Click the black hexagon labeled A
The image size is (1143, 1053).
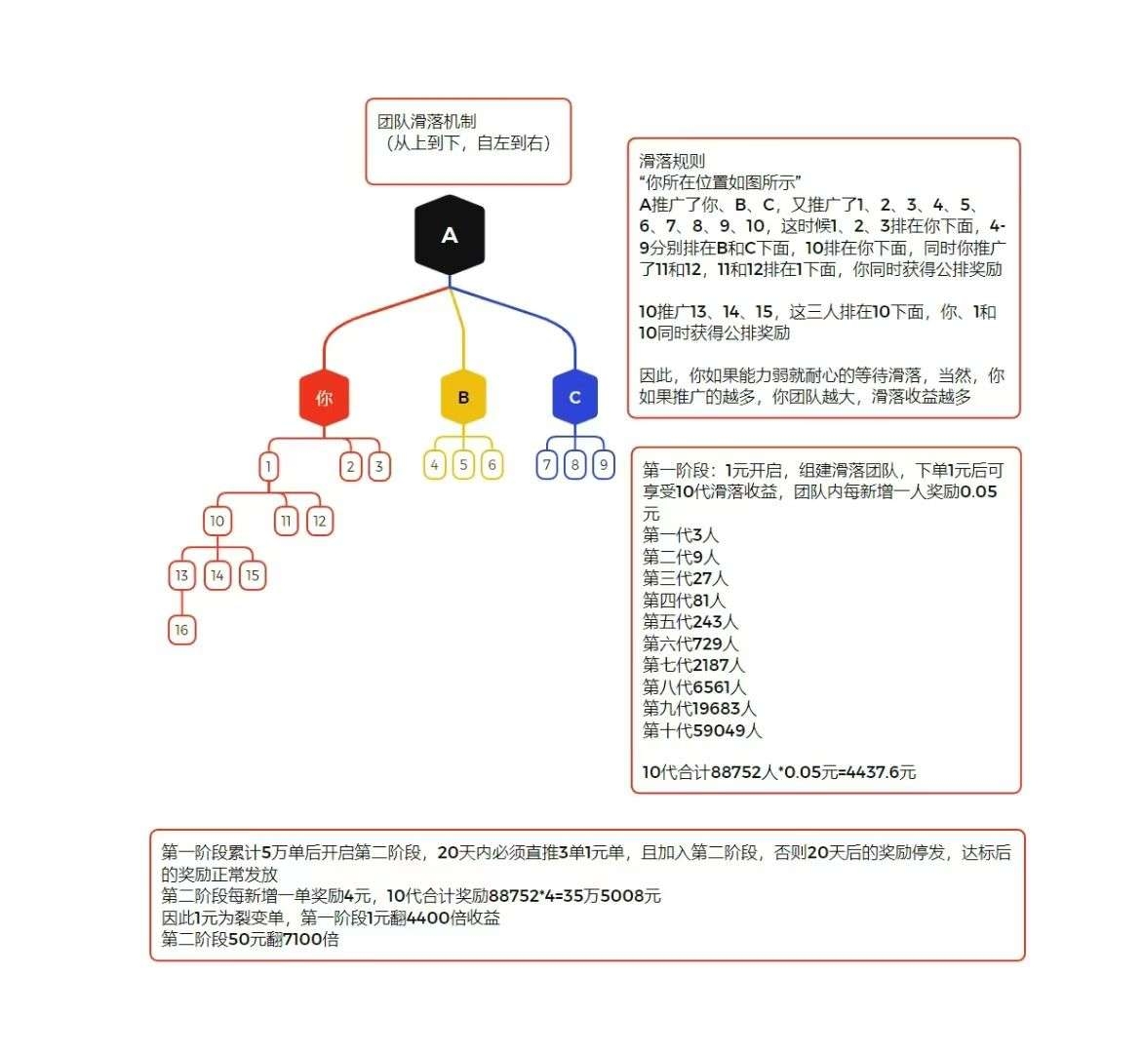pyautogui.click(x=450, y=235)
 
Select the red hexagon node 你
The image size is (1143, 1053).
pyautogui.click(x=324, y=397)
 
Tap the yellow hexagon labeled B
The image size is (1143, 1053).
pyautogui.click(x=463, y=397)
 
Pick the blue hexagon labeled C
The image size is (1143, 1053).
pyautogui.click(x=575, y=397)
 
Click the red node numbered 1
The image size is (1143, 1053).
pyautogui.click(x=268, y=466)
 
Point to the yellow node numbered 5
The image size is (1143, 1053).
pyautogui.click(x=463, y=464)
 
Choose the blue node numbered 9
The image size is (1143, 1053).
pyautogui.click(x=604, y=464)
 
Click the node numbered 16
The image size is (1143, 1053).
pyautogui.click(x=181, y=630)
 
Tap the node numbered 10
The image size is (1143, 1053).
pyautogui.click(x=217, y=521)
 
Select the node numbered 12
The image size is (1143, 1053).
pyautogui.click(x=319, y=521)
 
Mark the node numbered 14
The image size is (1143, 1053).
pyautogui.click(x=217, y=575)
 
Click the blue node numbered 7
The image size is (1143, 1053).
pyautogui.click(x=547, y=464)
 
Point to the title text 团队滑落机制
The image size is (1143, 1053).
pyautogui.click(x=427, y=121)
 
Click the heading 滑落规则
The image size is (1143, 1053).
pyautogui.click(x=672, y=161)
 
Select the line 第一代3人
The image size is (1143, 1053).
pyautogui.click(x=681, y=535)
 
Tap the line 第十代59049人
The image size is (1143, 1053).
pyautogui.click(x=702, y=730)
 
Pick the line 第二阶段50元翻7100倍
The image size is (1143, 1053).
pyautogui.click(x=250, y=939)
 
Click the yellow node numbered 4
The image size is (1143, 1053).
pyautogui.click(x=434, y=464)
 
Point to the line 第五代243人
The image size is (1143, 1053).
pyautogui.click(x=690, y=622)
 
